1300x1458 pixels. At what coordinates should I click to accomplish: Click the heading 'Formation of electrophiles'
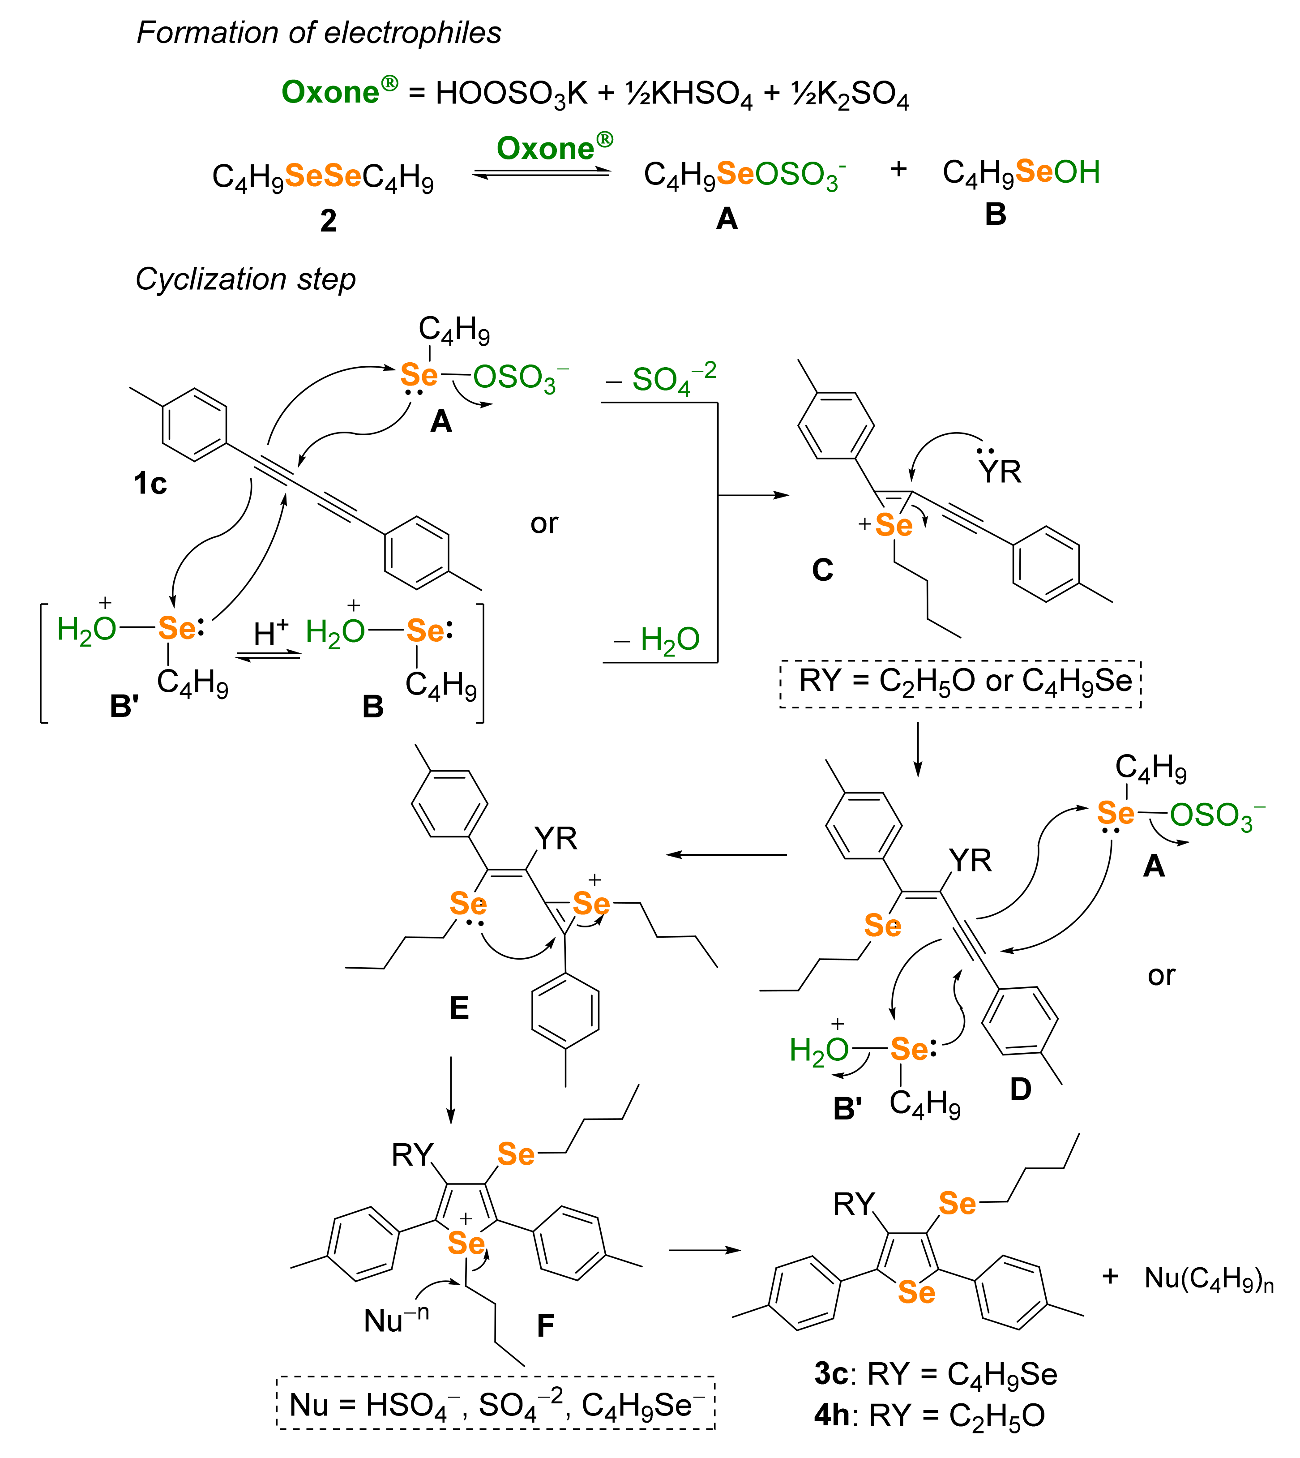tap(319, 33)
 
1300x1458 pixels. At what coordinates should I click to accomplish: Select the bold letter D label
tap(1021, 1089)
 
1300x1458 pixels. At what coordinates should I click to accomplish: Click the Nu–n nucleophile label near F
tap(397, 1320)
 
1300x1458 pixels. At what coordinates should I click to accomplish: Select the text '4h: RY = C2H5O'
tap(929, 1415)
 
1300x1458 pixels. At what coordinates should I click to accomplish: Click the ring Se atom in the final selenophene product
tap(916, 1291)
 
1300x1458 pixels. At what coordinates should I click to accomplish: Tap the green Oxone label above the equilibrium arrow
tap(554, 148)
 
